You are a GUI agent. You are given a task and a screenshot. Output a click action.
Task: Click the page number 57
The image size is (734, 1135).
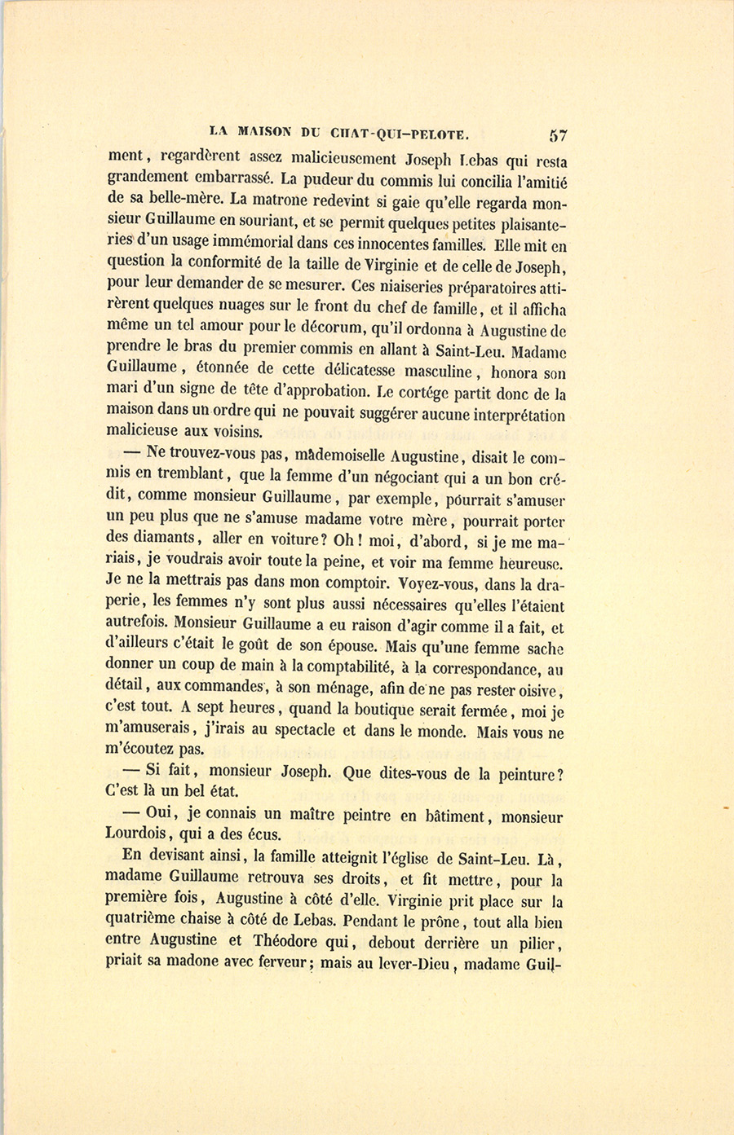[x=559, y=135]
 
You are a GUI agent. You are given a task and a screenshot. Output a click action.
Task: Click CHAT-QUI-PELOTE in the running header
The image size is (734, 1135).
[x=400, y=132]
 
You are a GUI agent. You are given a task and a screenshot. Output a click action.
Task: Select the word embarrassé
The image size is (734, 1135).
[x=223, y=178]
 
